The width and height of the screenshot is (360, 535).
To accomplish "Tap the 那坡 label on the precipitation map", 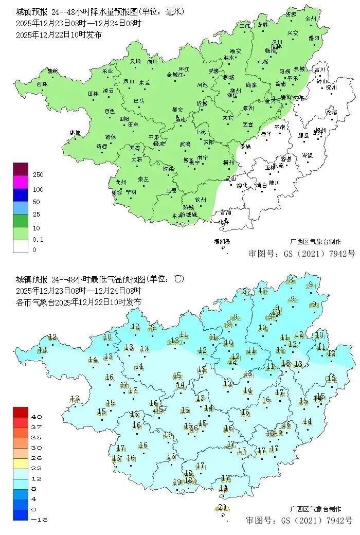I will (75, 133).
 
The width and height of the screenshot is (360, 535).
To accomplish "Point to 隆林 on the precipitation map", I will (52, 70).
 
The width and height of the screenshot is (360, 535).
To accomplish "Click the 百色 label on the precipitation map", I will (110, 111).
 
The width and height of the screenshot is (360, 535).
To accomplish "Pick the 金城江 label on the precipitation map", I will (176, 75).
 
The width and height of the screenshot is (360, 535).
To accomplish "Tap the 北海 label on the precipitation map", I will (223, 222).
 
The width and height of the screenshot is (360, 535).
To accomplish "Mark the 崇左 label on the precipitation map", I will (143, 179).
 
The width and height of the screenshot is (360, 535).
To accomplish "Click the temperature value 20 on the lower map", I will (222, 507).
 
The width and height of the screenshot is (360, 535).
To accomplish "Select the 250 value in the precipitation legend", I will (38, 175).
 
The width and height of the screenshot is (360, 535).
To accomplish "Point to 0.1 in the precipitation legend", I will (38, 239).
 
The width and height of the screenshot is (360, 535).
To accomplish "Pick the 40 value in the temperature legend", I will (37, 416).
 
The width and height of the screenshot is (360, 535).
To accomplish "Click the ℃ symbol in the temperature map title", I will (178, 279).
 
